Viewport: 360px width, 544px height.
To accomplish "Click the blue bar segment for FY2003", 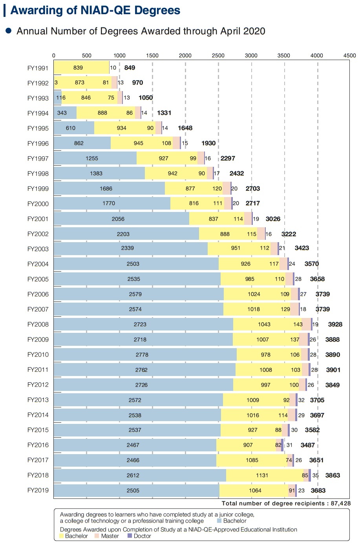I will coord(130,248).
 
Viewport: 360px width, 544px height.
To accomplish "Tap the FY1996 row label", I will coord(38,144).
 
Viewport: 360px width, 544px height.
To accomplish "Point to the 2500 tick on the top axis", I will coord(218,56).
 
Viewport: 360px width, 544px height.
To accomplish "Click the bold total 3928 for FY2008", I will coord(335,325).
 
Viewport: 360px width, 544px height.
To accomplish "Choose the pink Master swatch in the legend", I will coord(97,536).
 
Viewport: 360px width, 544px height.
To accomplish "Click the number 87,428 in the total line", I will coord(340,503).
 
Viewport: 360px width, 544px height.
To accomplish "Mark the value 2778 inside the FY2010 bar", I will coord(142,355).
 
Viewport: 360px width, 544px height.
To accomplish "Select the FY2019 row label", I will coord(38,490).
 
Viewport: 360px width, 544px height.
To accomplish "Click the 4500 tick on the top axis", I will coord(349,56).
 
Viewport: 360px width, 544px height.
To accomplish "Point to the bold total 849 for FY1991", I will coord(130,68).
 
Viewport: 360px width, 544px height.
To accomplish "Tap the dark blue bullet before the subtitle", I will coord(8,31).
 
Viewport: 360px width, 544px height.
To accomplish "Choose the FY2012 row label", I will coord(38,385).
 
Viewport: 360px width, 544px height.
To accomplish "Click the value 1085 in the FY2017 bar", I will coord(252,460).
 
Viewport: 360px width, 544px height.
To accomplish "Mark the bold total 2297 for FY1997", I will coord(228,159).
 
